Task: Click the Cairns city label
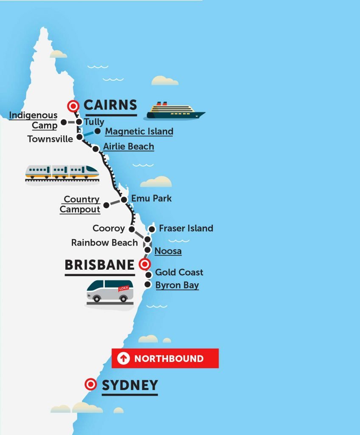tap(110, 105)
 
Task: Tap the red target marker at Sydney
tap(90, 384)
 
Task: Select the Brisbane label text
tap(99, 265)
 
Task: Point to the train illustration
tap(62, 172)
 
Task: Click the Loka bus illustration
tap(110, 291)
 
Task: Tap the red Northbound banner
tap(165, 358)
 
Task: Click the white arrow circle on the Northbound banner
tap(124, 359)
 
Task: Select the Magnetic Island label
tap(139, 131)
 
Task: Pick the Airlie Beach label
tap(129, 147)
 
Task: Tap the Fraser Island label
tap(186, 229)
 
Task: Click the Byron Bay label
tap(177, 285)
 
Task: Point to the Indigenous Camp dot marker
tap(63, 122)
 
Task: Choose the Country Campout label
tap(80, 204)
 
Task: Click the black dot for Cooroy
tap(132, 229)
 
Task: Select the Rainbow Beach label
tap(104, 243)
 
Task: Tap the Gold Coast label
tap(179, 272)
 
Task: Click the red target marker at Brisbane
tap(144, 265)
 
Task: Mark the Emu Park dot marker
tap(124, 200)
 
